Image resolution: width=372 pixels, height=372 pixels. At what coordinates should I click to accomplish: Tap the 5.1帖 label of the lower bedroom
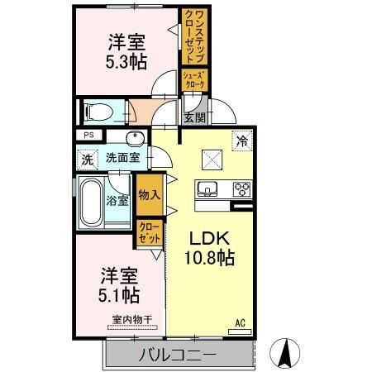tap(120, 294)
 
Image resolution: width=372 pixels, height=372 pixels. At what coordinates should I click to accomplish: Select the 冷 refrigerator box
tap(241, 140)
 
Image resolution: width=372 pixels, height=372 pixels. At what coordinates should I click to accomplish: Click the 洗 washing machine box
tap(87, 158)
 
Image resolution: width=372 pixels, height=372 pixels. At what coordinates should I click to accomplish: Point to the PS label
tap(88, 136)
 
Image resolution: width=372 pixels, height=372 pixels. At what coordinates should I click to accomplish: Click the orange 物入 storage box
tap(149, 195)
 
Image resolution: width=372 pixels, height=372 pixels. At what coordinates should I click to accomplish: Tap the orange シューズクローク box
tap(194, 80)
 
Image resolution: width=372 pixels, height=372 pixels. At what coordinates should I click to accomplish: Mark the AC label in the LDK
tap(241, 322)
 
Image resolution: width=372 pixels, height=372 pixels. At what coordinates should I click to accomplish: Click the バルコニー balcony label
tap(177, 355)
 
